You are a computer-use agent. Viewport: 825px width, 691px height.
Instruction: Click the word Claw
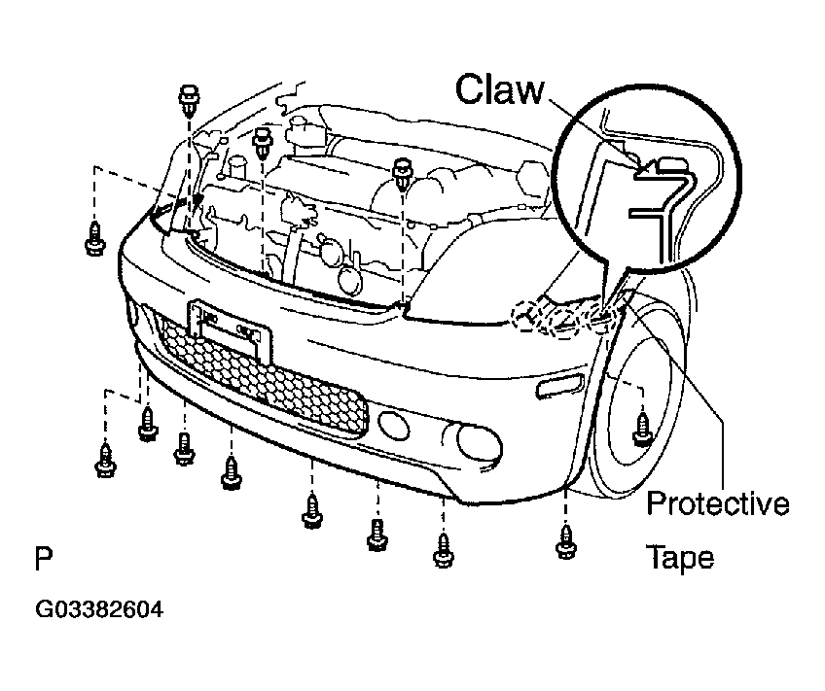click(x=499, y=89)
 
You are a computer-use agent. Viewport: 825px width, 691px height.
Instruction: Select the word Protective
click(x=718, y=502)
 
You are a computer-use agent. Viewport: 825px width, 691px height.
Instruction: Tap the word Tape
click(x=680, y=558)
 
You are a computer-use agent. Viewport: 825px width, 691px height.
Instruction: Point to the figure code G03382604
click(x=99, y=609)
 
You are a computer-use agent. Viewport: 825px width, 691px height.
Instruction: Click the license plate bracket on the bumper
click(x=231, y=330)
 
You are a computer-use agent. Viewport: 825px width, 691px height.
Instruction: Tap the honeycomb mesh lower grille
click(x=263, y=376)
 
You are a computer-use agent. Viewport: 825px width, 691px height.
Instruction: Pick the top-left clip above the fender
click(x=189, y=99)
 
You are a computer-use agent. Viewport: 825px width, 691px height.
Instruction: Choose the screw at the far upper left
click(x=95, y=239)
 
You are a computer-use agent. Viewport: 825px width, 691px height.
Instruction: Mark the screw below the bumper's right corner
click(x=565, y=541)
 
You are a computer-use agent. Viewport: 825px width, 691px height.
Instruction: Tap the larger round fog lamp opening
click(x=478, y=440)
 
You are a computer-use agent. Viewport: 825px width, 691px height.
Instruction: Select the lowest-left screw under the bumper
click(x=105, y=461)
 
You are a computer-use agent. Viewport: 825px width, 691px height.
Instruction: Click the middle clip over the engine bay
click(x=262, y=143)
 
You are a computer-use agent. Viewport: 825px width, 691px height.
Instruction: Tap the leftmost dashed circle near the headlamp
click(x=527, y=316)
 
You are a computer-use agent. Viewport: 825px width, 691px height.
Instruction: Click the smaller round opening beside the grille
click(x=394, y=426)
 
